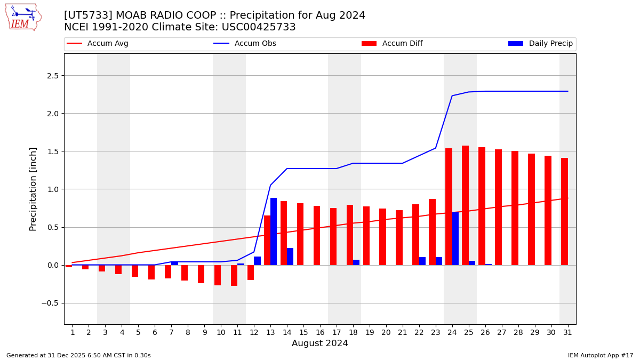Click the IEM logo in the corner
[x=23, y=17]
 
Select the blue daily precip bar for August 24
[x=455, y=238]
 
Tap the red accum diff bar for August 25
[x=465, y=205]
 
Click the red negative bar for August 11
[x=234, y=275]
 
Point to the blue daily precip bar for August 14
[x=290, y=257]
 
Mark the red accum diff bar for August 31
[x=564, y=211]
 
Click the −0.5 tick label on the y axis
[x=50, y=303]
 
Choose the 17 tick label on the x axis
[x=336, y=332]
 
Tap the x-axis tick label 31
[x=567, y=332]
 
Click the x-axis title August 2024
[x=319, y=343]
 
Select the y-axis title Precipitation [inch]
[x=33, y=189]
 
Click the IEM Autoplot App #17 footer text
[x=601, y=355]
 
